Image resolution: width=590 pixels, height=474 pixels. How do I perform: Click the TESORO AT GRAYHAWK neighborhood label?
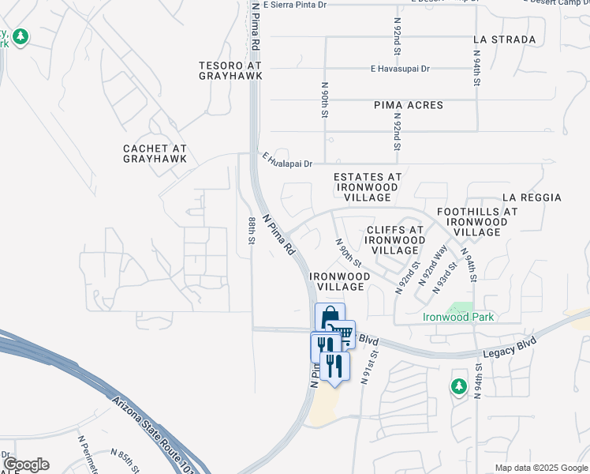pyautogui.click(x=230, y=70)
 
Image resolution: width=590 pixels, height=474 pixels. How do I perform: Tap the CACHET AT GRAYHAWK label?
pyautogui.click(x=155, y=153)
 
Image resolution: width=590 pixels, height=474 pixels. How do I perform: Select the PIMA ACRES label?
pyautogui.click(x=409, y=105)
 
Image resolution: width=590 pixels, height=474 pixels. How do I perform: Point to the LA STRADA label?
pyautogui.click(x=505, y=39)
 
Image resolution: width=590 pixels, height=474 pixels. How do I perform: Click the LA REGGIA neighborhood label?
pyautogui.click(x=532, y=197)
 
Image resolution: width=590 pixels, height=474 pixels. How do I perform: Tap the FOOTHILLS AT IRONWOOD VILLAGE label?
pyautogui.click(x=477, y=222)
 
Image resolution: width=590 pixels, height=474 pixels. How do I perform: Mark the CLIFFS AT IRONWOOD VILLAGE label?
pyautogui.click(x=395, y=240)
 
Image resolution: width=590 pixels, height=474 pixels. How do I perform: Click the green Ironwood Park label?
pyautogui.click(x=458, y=318)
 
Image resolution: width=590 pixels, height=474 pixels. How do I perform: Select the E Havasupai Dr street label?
pyautogui.click(x=400, y=69)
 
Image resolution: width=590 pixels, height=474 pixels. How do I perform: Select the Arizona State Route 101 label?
pyautogui.click(x=153, y=431)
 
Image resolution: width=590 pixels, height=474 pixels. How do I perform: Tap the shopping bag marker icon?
pyautogui.click(x=330, y=317)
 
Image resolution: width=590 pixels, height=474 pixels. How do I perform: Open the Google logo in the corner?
pyautogui.click(x=26, y=465)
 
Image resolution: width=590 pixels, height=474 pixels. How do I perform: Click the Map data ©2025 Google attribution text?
pyautogui.click(x=540, y=468)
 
